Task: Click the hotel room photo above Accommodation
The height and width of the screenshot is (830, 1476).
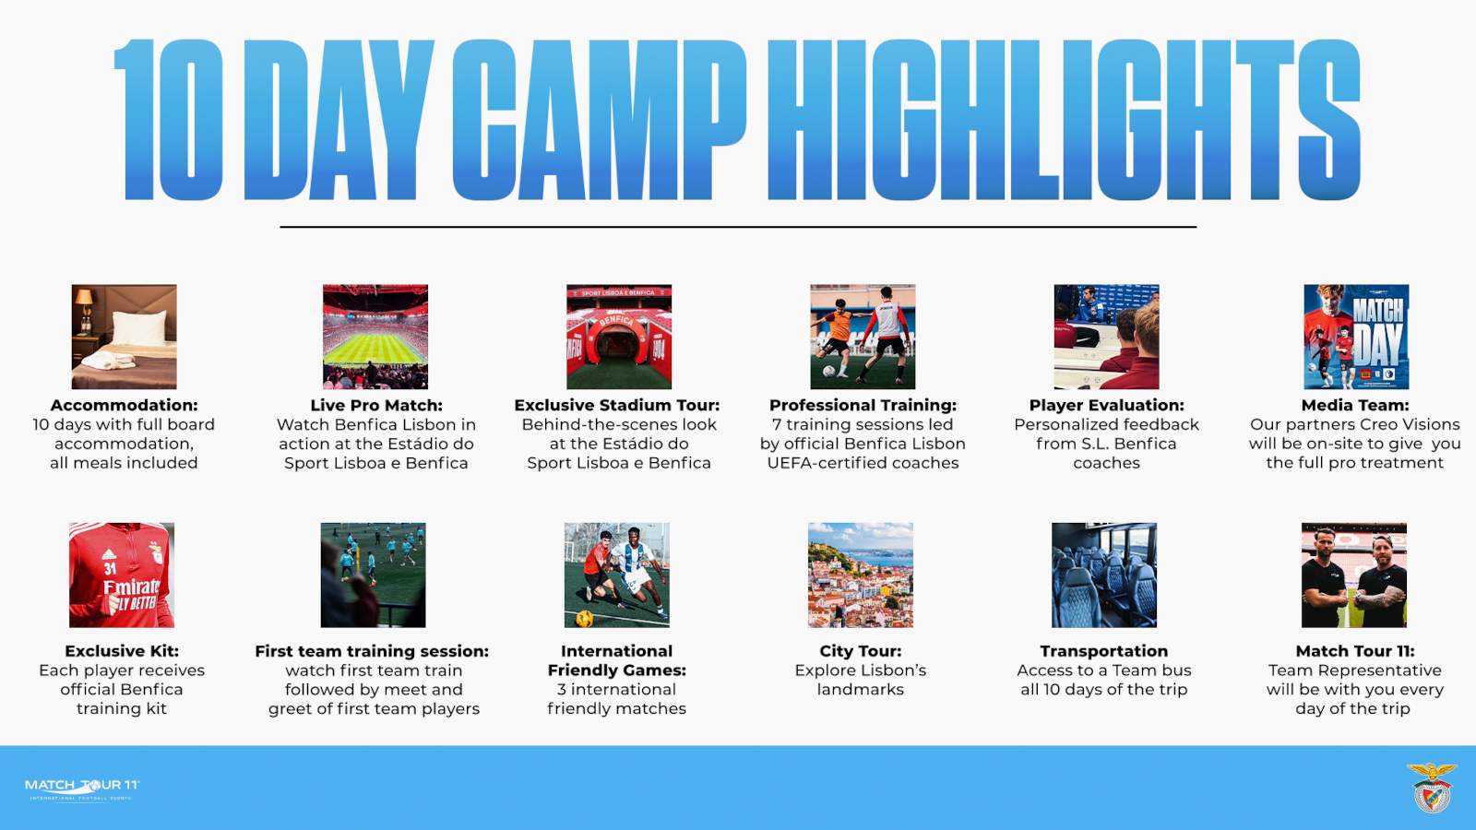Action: tap(124, 337)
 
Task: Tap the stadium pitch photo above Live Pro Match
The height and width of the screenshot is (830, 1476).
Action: tap(375, 337)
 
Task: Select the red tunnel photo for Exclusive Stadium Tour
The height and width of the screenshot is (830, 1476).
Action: tap(618, 337)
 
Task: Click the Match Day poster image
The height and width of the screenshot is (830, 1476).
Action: tap(1355, 337)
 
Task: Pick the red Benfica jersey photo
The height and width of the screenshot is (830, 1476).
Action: tap(121, 575)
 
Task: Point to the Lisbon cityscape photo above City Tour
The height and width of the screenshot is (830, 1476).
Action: tap(860, 575)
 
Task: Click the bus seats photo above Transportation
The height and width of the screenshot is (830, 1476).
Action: tap(1103, 575)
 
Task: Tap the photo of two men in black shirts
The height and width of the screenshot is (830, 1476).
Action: tap(1353, 575)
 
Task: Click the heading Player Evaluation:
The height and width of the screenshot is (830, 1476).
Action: tap(1106, 405)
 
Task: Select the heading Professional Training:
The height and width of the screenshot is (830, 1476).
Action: tap(863, 405)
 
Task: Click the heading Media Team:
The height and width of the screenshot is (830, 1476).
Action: tap(1354, 405)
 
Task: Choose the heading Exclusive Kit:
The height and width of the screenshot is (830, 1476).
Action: tap(122, 651)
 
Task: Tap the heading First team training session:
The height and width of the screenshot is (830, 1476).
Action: tap(372, 651)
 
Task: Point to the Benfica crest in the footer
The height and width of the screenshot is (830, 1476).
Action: tap(1431, 788)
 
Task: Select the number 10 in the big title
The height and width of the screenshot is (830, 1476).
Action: tap(168, 120)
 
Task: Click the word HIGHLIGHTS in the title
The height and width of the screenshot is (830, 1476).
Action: tap(1063, 120)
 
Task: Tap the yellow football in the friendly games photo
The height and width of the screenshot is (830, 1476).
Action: tap(585, 617)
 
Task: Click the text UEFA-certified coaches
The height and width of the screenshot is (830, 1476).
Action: tap(863, 463)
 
